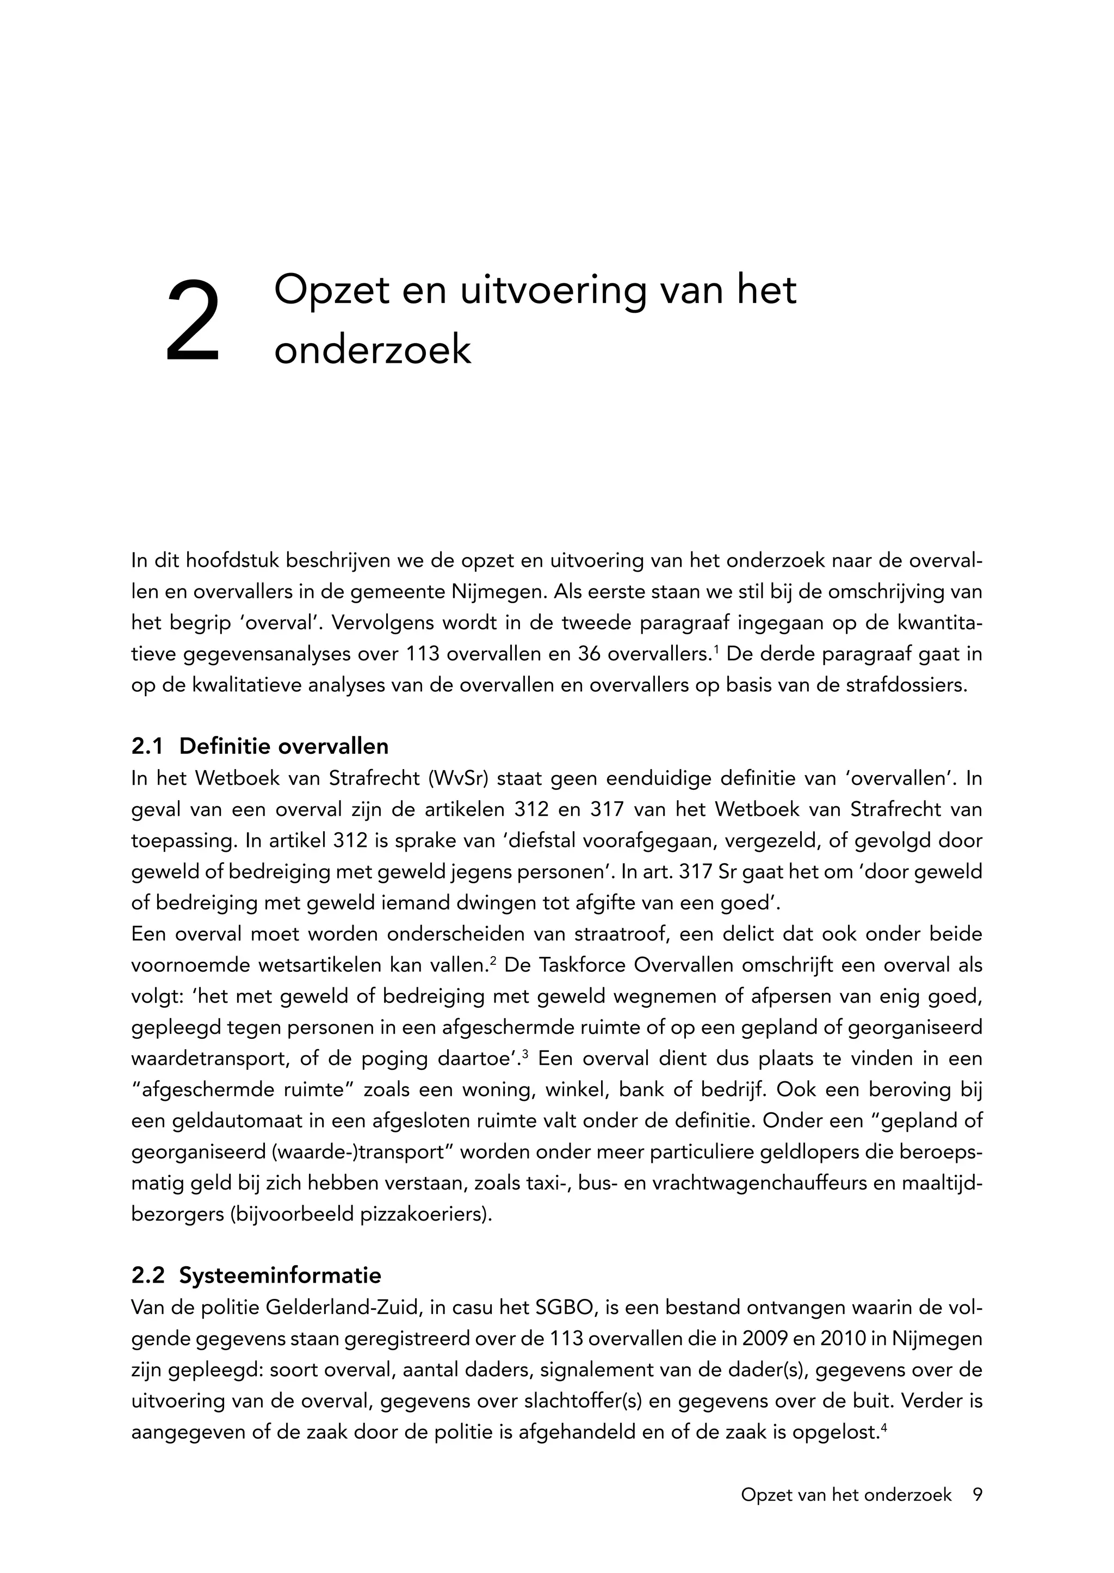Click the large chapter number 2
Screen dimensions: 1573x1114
[x=193, y=320]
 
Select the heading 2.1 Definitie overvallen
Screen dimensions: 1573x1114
[x=260, y=746]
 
